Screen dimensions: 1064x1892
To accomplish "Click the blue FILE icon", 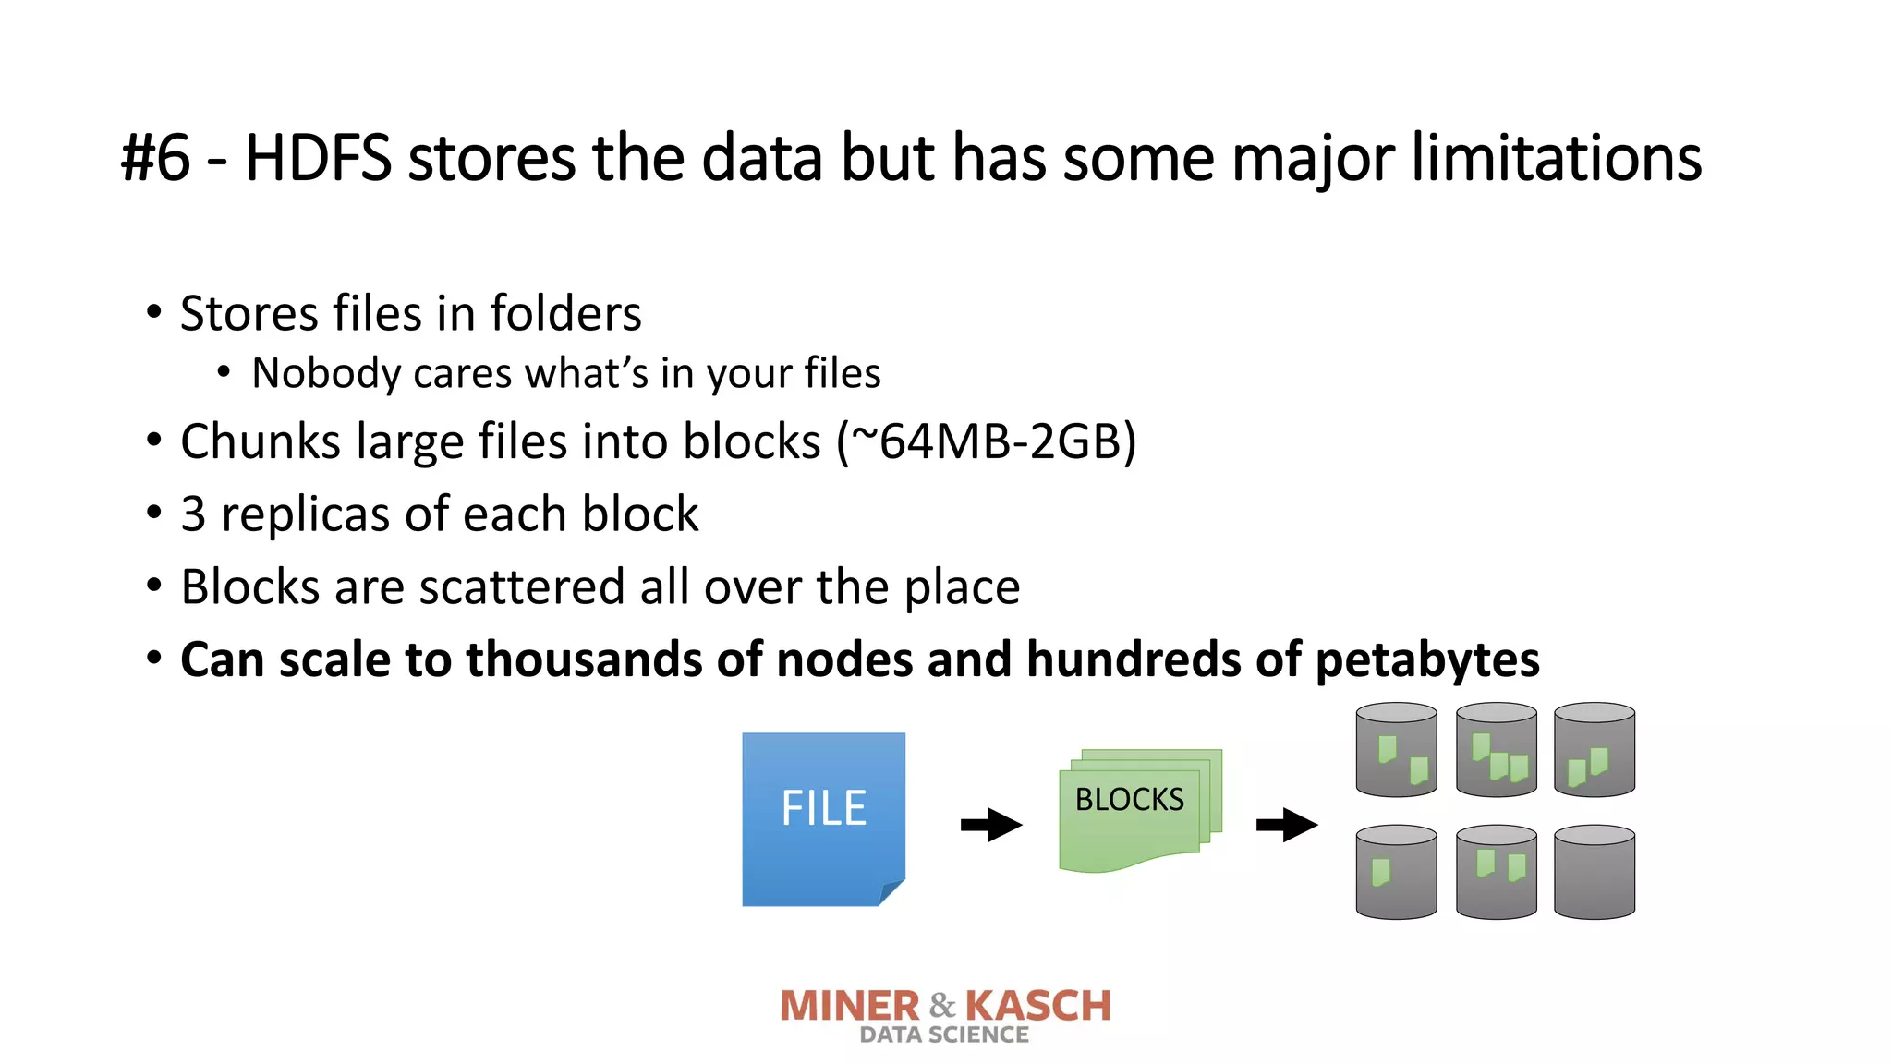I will [x=823, y=818].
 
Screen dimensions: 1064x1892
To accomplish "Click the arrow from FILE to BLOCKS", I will [x=990, y=824].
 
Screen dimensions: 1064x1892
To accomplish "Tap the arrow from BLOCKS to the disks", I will [x=1286, y=824].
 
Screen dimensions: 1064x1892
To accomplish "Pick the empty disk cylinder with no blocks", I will [x=1594, y=872].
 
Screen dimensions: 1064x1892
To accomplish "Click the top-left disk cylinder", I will [x=1396, y=750].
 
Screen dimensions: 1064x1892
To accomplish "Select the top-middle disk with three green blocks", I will [x=1496, y=750].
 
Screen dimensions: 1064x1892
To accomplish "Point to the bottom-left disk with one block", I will [x=1396, y=872].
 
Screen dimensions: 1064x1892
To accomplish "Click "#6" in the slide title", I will [x=155, y=159].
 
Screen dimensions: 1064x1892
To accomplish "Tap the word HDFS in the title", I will [x=318, y=159].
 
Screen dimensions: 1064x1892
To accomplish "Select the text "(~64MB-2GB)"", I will [x=986, y=441].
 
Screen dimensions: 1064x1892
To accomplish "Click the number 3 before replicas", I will [x=193, y=514].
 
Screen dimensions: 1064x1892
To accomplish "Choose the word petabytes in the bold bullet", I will [x=1426, y=659].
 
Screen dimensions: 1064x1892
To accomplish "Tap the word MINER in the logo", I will [x=850, y=1006].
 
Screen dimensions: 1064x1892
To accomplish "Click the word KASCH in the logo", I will [x=1037, y=1006].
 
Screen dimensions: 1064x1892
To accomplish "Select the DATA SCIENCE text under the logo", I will [x=944, y=1035].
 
